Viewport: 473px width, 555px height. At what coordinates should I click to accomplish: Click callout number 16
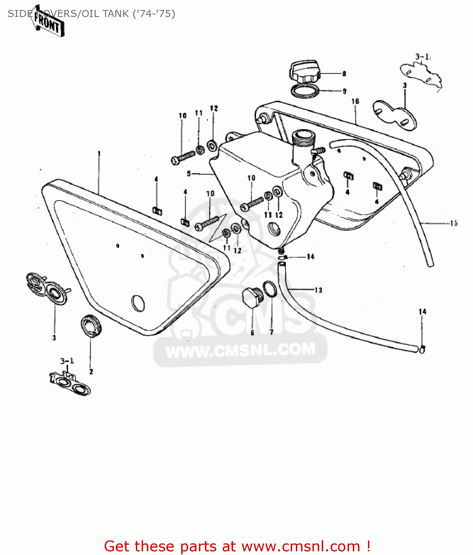pyautogui.click(x=355, y=101)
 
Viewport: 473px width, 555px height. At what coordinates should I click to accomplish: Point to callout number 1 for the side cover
pyautogui.click(x=99, y=153)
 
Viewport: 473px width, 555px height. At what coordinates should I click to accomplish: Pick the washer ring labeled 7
pyautogui.click(x=270, y=289)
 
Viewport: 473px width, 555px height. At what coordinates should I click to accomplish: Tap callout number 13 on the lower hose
pyautogui.click(x=318, y=290)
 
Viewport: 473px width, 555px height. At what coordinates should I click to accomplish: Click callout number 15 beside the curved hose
pyautogui.click(x=454, y=223)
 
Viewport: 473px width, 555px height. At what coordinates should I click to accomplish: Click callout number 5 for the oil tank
pyautogui.click(x=189, y=173)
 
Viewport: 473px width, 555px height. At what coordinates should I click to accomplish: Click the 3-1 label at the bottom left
pyautogui.click(x=67, y=361)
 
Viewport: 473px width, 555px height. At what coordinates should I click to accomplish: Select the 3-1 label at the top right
pyautogui.click(x=422, y=57)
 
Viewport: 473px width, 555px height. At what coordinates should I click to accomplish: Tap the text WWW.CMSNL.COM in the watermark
pyautogui.click(x=240, y=350)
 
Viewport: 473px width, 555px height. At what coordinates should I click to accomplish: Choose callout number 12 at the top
pyautogui.click(x=214, y=108)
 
